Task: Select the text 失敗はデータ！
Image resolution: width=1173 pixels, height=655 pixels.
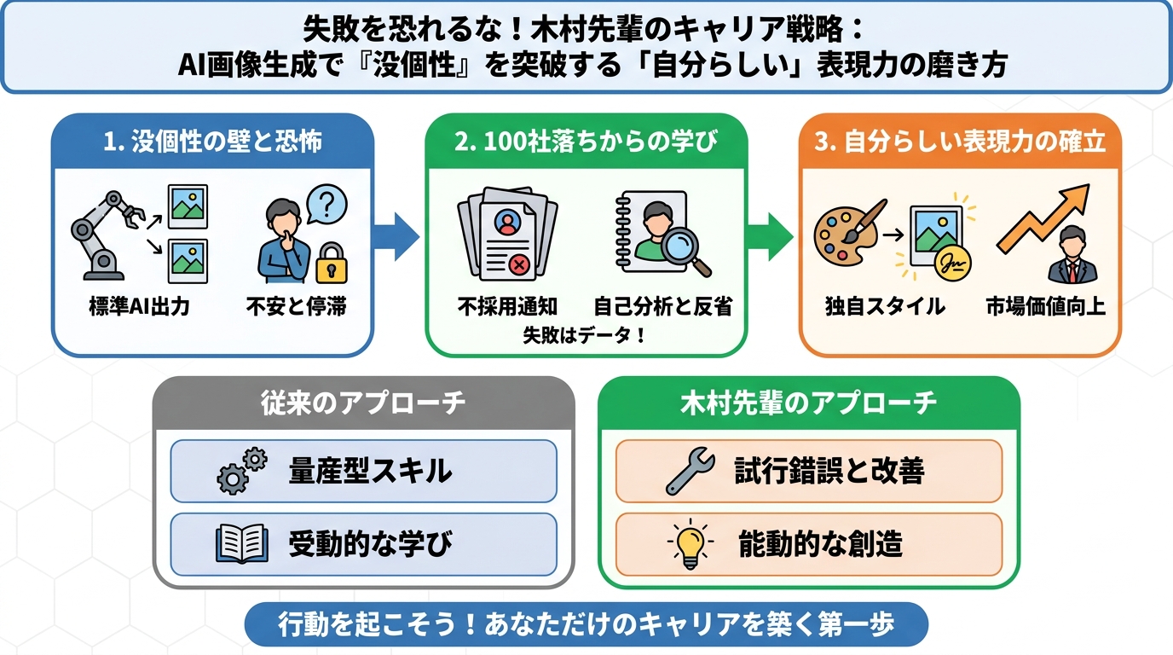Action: [x=585, y=334]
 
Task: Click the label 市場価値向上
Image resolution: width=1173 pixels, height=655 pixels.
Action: [x=1045, y=306]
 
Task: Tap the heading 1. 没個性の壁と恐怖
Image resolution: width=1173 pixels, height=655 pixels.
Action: [x=212, y=142]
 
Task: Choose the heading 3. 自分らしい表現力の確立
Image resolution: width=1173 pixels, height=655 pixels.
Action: [x=960, y=142]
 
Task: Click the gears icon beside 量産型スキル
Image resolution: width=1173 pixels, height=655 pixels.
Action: [x=241, y=472]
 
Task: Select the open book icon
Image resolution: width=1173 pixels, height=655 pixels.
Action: [x=236, y=543]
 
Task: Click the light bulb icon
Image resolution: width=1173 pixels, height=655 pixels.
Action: [x=689, y=543]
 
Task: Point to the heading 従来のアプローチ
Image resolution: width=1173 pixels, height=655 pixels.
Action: [x=363, y=403]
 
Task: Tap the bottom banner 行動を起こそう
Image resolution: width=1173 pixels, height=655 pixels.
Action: [x=586, y=624]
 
